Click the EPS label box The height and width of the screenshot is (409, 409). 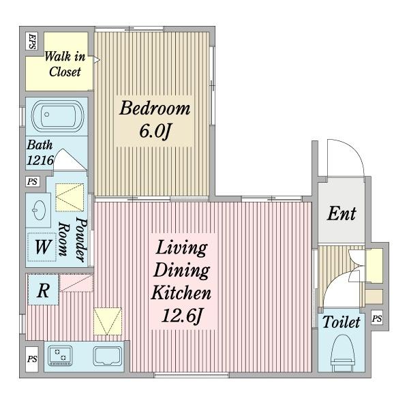click(x=32, y=41)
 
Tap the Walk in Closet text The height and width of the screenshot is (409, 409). click(x=65, y=64)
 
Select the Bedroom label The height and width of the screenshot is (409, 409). click(x=155, y=108)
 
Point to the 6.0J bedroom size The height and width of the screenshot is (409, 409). click(x=155, y=131)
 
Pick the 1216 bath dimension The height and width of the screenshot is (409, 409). click(x=40, y=160)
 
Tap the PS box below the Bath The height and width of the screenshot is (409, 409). click(x=33, y=181)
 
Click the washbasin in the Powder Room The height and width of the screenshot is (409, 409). click(x=39, y=210)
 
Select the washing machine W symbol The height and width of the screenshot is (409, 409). click(x=42, y=247)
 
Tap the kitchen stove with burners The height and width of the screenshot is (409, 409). click(x=60, y=355)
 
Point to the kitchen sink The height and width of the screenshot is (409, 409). click(x=108, y=357)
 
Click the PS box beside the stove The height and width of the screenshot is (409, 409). click(x=32, y=359)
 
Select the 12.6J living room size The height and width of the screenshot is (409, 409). click(x=182, y=316)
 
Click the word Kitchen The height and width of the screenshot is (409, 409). click(x=181, y=293)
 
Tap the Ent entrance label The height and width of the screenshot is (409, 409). click(x=342, y=214)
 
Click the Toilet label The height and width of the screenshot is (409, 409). click(x=342, y=322)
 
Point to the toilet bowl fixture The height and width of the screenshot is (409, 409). click(x=343, y=352)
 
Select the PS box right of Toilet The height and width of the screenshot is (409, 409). click(x=377, y=318)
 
